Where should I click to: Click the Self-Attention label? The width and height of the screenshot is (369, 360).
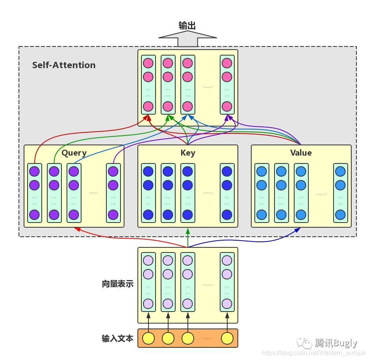click(64, 65)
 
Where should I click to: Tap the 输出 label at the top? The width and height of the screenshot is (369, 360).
click(187, 26)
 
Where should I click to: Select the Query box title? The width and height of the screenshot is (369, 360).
click(74, 153)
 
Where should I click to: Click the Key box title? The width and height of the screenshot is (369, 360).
click(187, 153)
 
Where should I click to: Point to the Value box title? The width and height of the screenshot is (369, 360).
click(301, 153)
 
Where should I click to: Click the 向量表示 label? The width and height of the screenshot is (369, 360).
click(117, 284)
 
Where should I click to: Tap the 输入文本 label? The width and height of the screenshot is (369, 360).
click(117, 338)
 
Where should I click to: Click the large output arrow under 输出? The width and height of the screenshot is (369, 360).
click(187, 39)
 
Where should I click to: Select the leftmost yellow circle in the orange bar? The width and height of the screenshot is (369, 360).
click(148, 338)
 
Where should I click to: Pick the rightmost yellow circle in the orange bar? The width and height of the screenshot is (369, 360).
click(227, 338)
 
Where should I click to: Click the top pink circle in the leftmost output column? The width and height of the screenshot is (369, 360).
click(148, 63)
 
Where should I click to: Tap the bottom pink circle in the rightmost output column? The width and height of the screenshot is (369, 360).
click(227, 106)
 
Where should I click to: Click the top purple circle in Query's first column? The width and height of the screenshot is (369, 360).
click(35, 171)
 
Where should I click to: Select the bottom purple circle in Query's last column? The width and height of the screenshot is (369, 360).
click(113, 215)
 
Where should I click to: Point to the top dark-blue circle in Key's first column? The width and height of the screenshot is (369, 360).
click(148, 171)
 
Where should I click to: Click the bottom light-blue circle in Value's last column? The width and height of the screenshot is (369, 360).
click(340, 215)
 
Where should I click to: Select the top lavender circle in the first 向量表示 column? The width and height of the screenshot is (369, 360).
click(148, 260)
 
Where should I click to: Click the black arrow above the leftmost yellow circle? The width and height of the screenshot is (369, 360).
click(148, 322)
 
